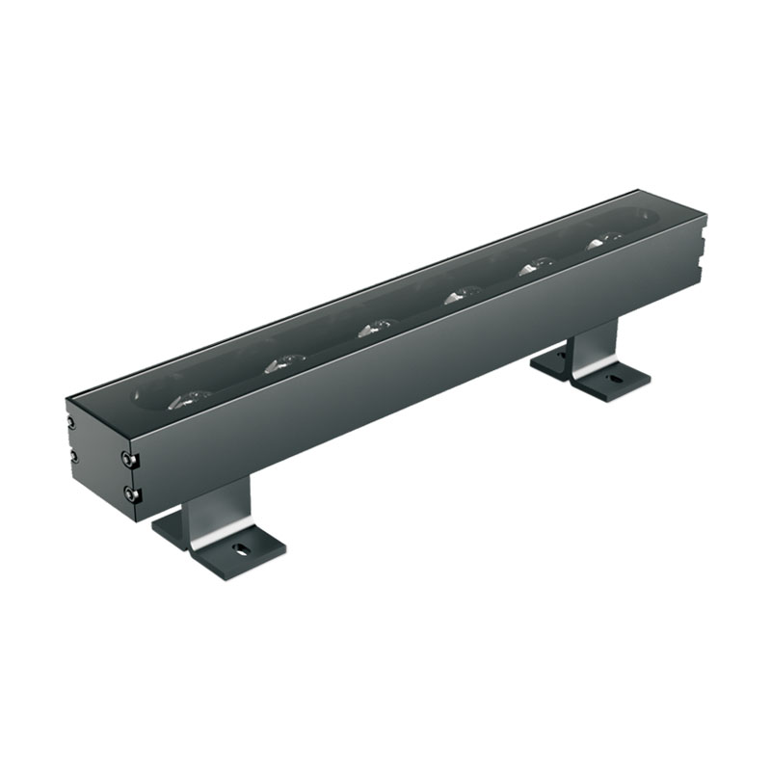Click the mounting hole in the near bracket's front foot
click(238, 549)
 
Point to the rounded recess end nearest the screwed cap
click(145, 395)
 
